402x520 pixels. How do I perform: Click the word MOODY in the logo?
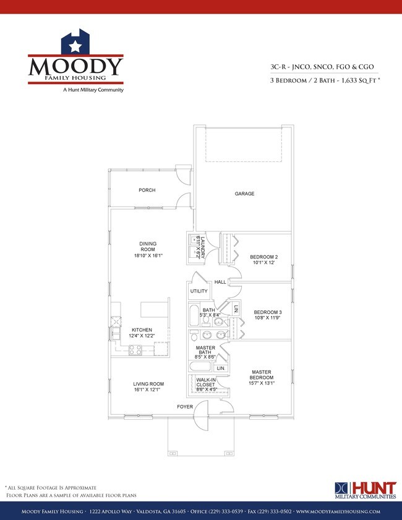(x=76, y=67)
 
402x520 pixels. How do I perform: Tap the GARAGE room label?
(x=244, y=194)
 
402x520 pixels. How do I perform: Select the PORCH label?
(x=147, y=190)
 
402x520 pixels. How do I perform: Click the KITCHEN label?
(x=142, y=330)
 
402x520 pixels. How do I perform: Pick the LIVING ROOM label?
(x=147, y=384)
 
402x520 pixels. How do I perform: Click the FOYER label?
(x=184, y=407)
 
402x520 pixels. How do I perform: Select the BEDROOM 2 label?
(x=264, y=257)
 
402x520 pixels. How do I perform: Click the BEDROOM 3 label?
(x=267, y=312)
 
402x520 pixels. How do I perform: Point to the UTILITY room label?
(x=199, y=291)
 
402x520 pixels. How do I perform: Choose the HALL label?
(x=220, y=283)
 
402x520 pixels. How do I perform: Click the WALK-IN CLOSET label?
(x=205, y=383)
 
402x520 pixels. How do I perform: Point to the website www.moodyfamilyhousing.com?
(x=338, y=511)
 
